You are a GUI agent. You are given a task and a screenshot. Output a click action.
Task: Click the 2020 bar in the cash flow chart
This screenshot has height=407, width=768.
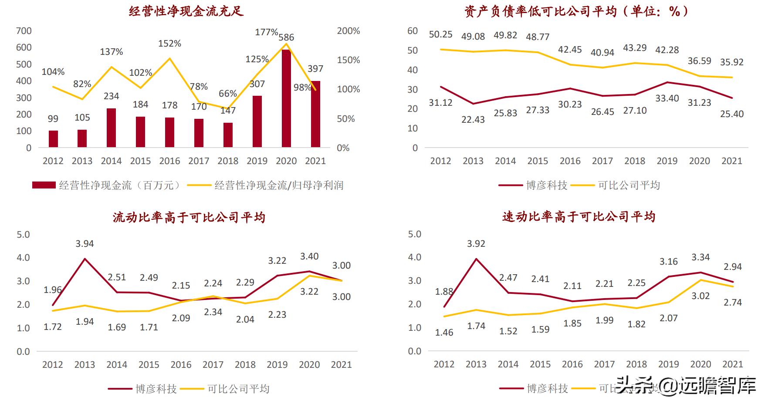[x=286, y=98]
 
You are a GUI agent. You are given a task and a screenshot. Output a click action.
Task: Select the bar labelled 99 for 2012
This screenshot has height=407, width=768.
[x=53, y=138]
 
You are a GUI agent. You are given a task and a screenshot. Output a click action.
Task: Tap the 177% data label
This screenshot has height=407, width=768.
[x=266, y=32]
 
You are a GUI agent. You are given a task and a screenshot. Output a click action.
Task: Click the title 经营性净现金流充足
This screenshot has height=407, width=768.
[x=186, y=10]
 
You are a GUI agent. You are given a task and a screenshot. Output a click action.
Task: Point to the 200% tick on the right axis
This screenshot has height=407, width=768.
[x=348, y=31]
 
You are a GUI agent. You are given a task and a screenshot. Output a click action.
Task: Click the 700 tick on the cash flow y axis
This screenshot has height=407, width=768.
[x=24, y=31]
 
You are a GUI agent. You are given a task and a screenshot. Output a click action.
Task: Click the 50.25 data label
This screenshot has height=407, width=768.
[x=440, y=34]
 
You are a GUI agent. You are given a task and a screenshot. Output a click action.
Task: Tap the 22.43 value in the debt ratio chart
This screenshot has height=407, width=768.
[x=473, y=119]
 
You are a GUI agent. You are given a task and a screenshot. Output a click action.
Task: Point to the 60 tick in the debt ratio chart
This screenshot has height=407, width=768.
[x=413, y=31]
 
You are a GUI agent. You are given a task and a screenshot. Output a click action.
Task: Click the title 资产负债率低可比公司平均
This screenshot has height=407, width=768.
[x=577, y=11]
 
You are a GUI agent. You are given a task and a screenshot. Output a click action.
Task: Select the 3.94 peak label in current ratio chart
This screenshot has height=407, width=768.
[x=85, y=244]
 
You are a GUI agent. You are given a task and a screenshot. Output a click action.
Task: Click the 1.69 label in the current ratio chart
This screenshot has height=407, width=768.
[x=117, y=327]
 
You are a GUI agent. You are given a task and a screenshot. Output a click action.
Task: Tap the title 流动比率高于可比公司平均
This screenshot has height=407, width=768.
[x=189, y=217]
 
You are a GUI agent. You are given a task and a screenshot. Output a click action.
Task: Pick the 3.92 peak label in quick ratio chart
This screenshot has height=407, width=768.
[x=476, y=244]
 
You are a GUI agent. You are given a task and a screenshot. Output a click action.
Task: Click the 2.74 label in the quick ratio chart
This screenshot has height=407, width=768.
[x=732, y=302]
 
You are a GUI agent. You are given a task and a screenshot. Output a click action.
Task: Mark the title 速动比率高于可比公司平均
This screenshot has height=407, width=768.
[x=579, y=216]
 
